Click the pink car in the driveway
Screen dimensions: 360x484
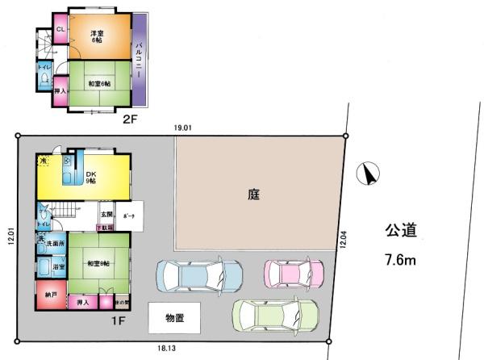(294, 273)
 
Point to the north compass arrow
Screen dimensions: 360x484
(370, 173)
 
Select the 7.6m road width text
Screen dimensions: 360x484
(398, 260)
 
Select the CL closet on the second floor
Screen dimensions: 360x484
(60, 31)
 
